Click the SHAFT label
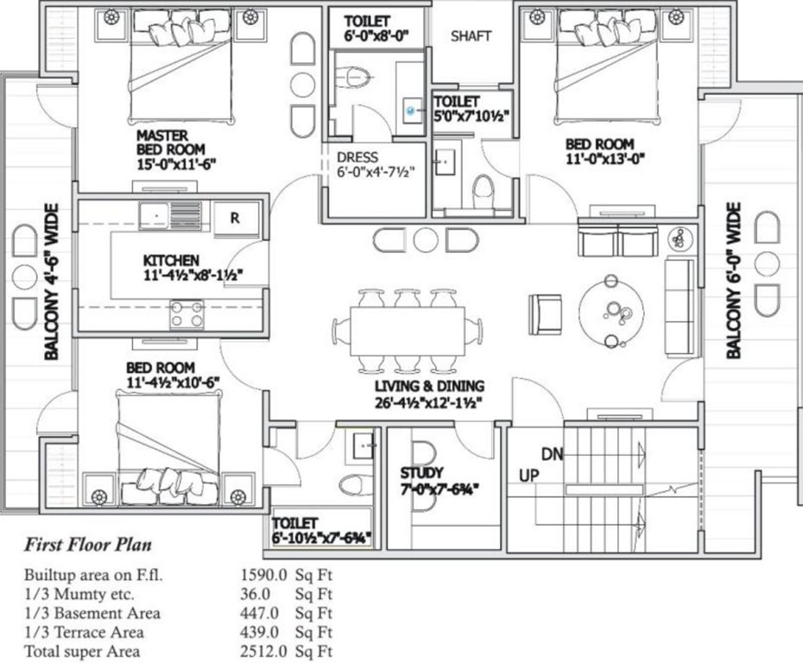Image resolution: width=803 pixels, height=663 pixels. (x=471, y=36)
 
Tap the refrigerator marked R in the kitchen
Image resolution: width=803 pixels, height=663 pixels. (x=236, y=218)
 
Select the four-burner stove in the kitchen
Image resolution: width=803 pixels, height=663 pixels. (x=187, y=314)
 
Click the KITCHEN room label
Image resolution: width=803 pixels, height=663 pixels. (x=171, y=260)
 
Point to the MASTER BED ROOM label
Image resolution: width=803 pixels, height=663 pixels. (x=170, y=142)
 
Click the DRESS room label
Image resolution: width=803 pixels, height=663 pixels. (x=357, y=157)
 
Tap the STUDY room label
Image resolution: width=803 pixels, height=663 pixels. (x=421, y=472)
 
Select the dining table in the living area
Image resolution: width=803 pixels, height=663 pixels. (x=408, y=331)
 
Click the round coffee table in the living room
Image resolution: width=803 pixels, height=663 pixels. (x=611, y=312)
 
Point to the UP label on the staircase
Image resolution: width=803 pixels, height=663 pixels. (x=529, y=476)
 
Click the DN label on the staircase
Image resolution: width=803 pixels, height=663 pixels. (x=552, y=454)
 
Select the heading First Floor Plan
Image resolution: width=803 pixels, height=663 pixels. (x=88, y=544)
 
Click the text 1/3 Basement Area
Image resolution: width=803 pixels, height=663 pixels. (x=92, y=613)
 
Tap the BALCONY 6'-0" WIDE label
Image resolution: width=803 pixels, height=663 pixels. (x=733, y=281)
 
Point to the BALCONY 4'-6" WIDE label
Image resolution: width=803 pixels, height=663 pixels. (x=51, y=281)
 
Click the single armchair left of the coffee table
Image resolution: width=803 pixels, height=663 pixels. (x=546, y=314)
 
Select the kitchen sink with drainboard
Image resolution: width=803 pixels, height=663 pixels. (x=170, y=216)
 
